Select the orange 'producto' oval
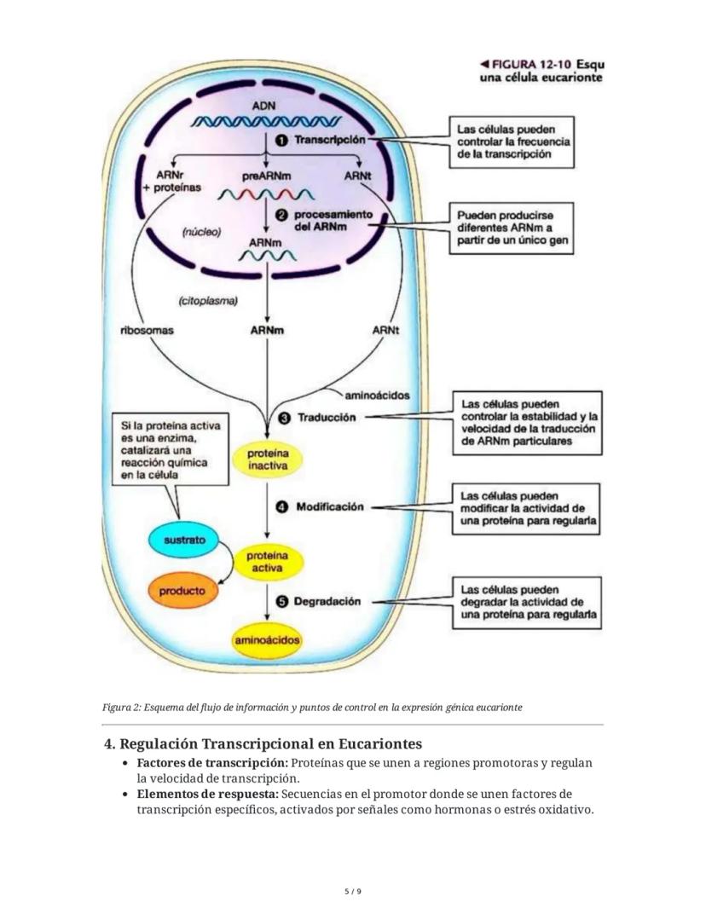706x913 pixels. [182, 590]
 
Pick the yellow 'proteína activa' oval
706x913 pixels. [268, 561]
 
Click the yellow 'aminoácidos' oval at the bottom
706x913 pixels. [268, 640]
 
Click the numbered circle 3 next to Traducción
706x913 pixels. [285, 418]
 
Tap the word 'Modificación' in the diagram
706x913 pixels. [329, 506]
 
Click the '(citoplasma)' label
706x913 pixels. [208, 300]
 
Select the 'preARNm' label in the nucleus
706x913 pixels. [266, 176]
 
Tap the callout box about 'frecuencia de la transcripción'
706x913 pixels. [512, 142]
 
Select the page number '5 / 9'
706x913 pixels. [353, 892]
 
